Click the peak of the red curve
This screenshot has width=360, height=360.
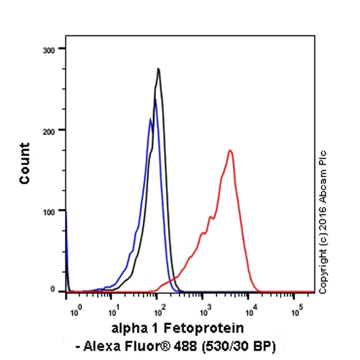click(230, 151)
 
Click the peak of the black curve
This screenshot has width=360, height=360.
click(158, 68)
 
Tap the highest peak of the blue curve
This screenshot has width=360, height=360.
click(155, 99)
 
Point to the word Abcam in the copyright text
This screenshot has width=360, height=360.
click(325, 177)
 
